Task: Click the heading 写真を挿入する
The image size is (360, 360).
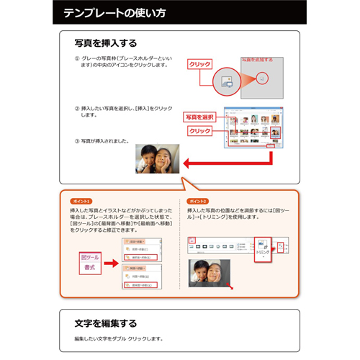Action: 106,43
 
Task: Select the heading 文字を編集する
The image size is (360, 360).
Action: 106,323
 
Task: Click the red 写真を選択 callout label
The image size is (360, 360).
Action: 200,117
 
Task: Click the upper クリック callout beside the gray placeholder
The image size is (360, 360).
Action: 199,64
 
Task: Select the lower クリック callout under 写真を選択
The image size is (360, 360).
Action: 199,131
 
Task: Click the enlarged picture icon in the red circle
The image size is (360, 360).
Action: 225,80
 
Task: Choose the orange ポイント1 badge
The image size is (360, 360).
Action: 81,200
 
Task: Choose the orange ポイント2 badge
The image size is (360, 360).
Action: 197,200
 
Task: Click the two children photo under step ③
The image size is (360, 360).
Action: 158,158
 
